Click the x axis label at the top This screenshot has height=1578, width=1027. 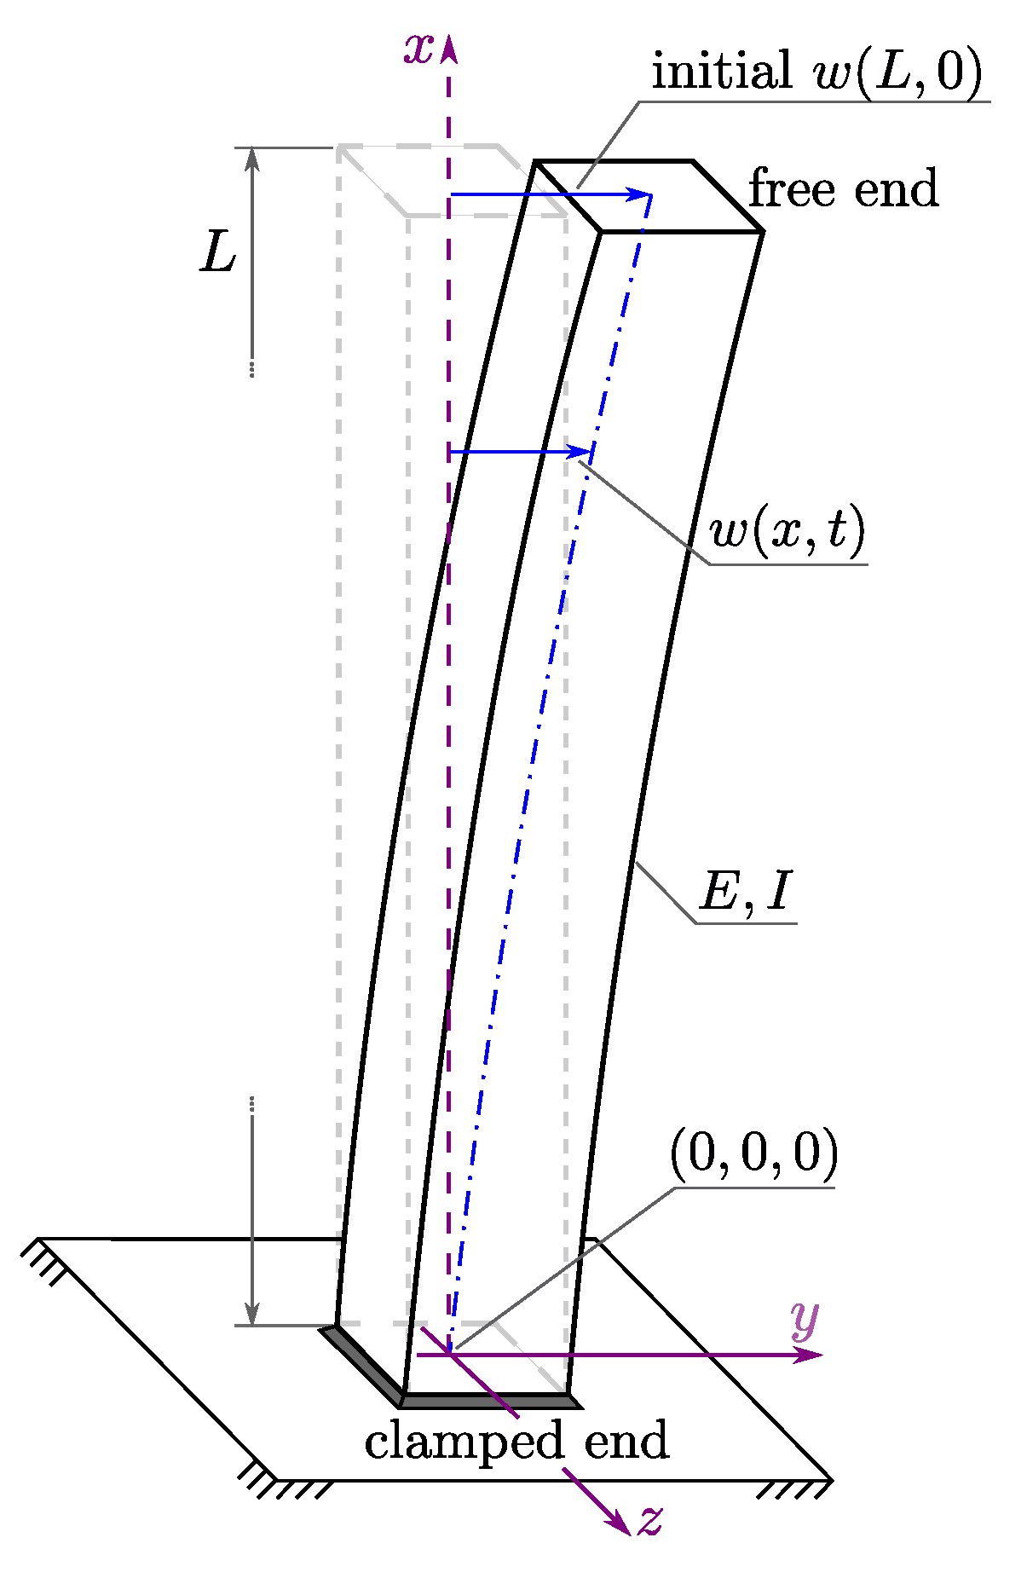pos(418,49)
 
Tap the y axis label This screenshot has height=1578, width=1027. pos(804,1317)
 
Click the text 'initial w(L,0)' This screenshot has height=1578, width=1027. pos(816,72)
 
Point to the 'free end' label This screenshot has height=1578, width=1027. pos(843,189)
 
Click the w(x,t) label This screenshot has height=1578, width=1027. pos(787,531)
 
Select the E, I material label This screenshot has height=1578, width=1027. pos(746,893)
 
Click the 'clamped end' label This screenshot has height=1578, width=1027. pos(516,1441)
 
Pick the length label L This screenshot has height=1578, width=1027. pos(218,254)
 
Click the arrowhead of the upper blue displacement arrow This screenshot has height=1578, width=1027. pos(640,194)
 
